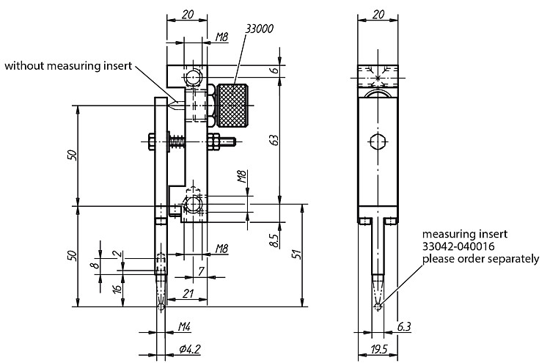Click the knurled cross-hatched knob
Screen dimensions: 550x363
coord(232,105)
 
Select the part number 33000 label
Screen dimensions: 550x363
coord(259,29)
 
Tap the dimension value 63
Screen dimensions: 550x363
coord(275,140)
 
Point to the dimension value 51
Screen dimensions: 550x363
coord(297,254)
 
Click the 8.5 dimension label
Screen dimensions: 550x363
coord(275,240)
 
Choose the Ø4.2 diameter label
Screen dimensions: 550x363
coord(189,349)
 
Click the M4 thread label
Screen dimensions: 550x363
coord(185,327)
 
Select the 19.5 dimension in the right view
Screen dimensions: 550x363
coord(378,349)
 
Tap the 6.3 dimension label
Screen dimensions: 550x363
coord(404,327)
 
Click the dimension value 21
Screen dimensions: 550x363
coord(188,293)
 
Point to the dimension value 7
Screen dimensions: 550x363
coord(201,271)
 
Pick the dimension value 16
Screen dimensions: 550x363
coord(117,288)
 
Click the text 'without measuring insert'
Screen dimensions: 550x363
coord(68,65)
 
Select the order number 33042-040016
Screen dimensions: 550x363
coord(458,246)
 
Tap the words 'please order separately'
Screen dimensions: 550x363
coord(480,259)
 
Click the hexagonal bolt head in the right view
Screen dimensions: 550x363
coord(378,142)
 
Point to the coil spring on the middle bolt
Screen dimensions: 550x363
coord(177,142)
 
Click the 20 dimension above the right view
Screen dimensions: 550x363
coord(378,15)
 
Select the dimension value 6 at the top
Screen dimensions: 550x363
coord(275,69)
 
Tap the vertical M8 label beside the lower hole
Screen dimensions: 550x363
coord(242,177)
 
